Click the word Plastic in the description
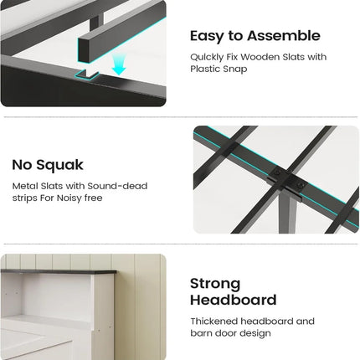(209, 70)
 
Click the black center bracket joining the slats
(282, 179)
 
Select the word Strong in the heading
(215, 283)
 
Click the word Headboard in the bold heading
(234, 300)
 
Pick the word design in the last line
(255, 333)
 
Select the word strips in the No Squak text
(26, 198)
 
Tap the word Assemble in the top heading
(280, 36)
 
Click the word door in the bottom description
(226, 333)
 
